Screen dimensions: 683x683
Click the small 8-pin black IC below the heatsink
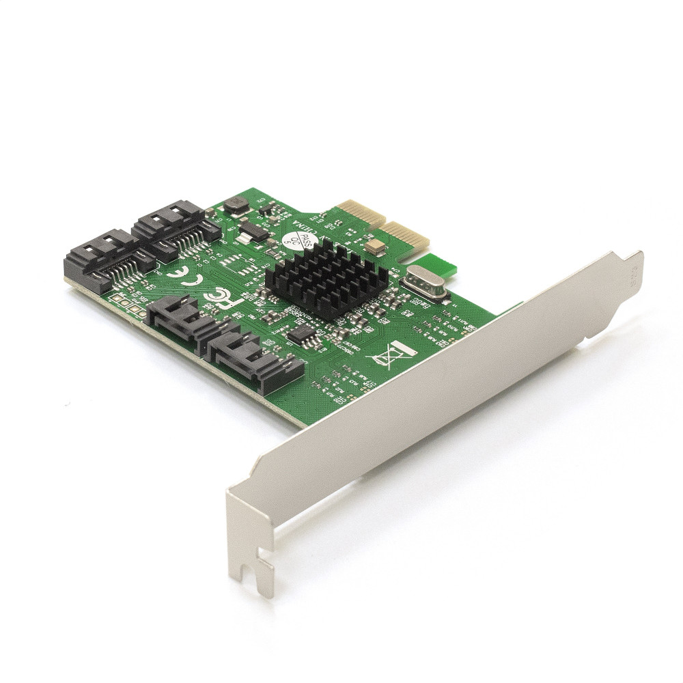(x=301, y=333)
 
